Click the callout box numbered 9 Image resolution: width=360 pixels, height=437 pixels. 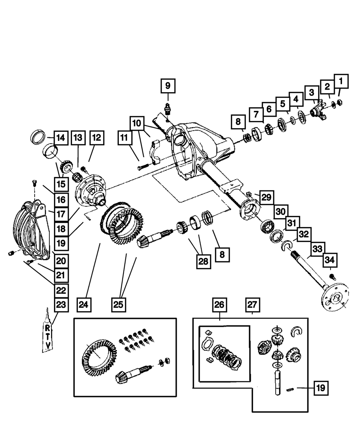[168, 86]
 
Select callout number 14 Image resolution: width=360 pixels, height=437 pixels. [61, 137]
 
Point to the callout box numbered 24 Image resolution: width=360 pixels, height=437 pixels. [84, 305]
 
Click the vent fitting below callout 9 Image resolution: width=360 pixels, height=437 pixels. [167, 108]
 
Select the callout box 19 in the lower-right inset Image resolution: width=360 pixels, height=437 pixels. [321, 388]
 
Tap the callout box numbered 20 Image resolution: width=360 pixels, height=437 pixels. [61, 260]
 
